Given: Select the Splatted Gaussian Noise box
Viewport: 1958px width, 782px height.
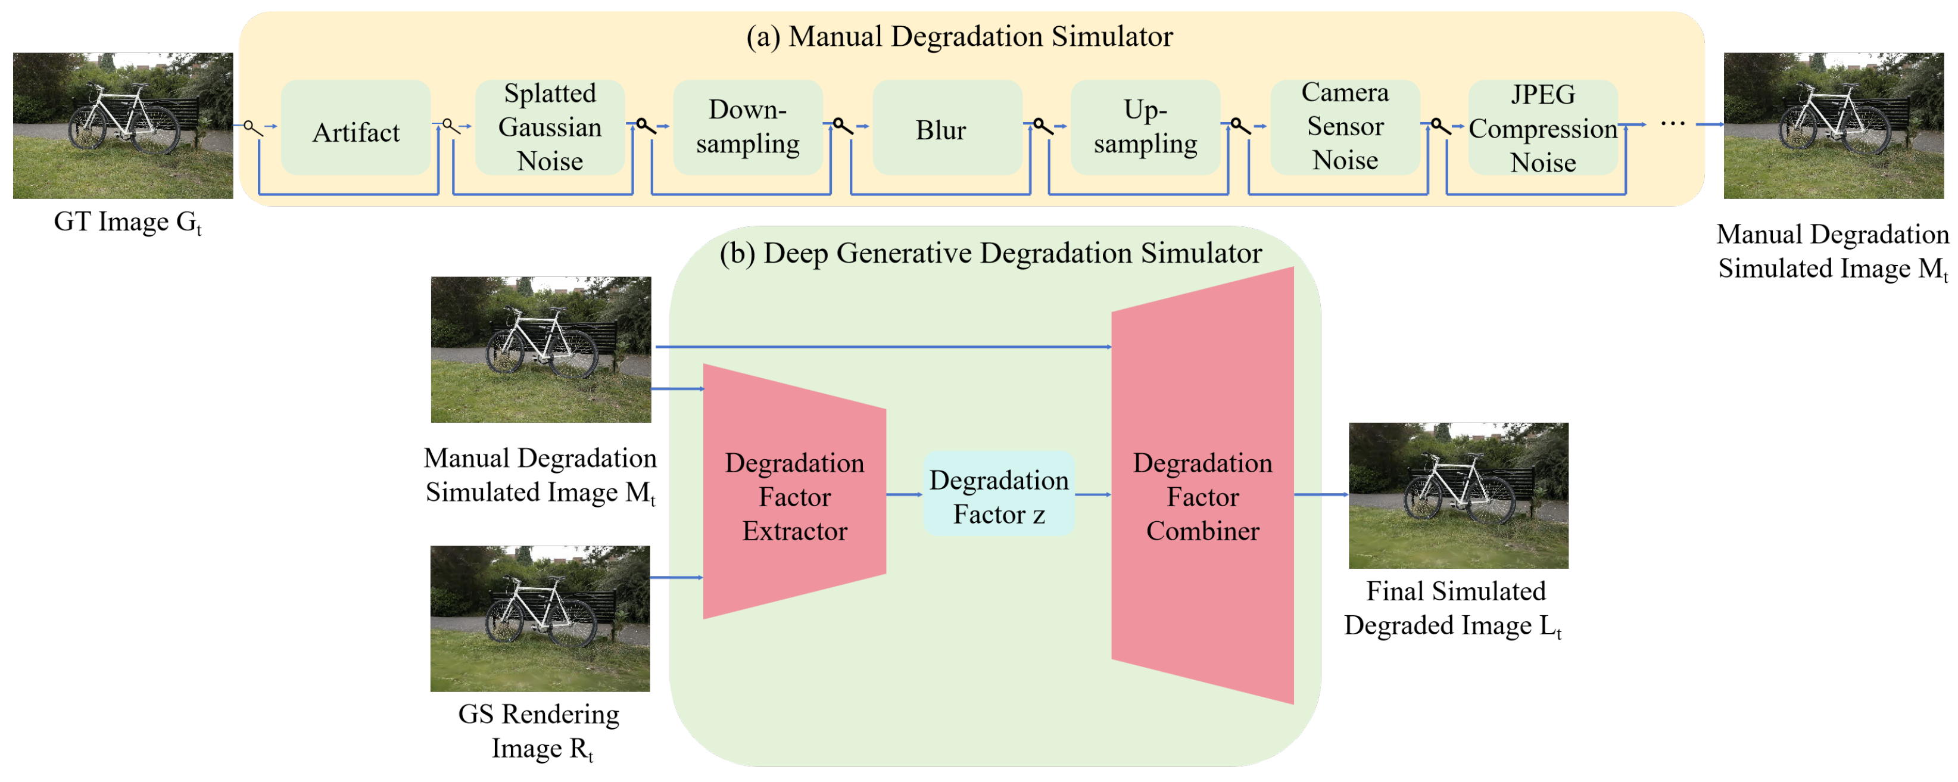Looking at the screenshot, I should click(550, 127).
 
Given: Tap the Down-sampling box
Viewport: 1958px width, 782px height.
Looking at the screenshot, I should click(748, 127).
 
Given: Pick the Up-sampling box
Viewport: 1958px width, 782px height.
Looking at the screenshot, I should click(1146, 127).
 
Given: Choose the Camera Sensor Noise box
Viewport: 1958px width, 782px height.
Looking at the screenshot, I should click(1345, 127).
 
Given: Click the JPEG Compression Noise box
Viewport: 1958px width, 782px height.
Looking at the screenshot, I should click(1542, 127).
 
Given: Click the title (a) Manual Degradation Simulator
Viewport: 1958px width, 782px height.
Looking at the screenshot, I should click(959, 36).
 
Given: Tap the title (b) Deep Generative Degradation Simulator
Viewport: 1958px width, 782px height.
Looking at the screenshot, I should click(990, 253).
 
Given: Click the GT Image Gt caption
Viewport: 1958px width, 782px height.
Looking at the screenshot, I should click(127, 222).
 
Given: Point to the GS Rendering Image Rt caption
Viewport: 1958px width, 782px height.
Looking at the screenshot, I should click(539, 731).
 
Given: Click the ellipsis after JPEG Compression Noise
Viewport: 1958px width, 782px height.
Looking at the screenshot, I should click(1673, 124).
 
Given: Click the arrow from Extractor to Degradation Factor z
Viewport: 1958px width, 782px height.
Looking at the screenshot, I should click(905, 495).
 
